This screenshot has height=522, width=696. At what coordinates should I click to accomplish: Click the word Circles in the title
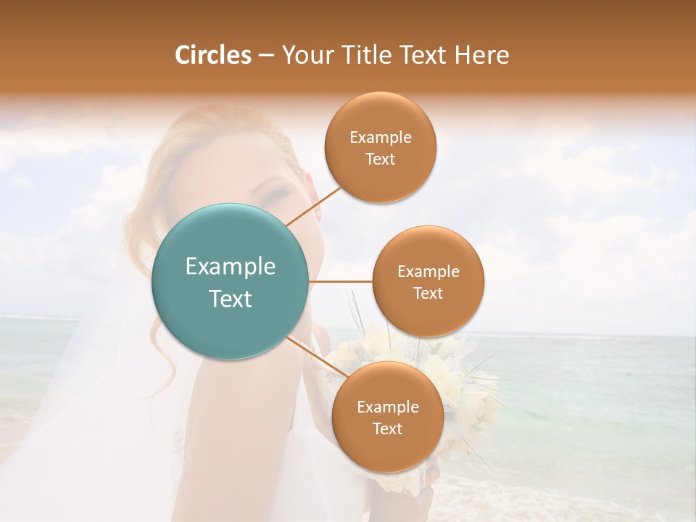coord(212,55)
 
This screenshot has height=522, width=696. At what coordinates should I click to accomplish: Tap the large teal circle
coord(230,281)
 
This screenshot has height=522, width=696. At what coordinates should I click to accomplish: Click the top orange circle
coord(380,148)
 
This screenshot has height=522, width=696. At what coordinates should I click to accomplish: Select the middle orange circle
coord(428,281)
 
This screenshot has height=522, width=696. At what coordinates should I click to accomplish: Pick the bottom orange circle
coord(387,418)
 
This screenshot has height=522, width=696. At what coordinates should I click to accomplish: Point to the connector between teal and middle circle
coord(340,281)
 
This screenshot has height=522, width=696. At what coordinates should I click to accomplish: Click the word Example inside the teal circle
coord(230,267)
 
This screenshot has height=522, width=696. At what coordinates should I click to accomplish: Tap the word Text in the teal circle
coord(230,299)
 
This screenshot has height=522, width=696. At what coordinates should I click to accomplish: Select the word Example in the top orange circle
coord(380,138)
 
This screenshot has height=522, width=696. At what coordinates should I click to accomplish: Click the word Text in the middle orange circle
coord(428,293)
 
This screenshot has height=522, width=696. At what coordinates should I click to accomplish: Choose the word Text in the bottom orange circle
coord(387,428)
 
